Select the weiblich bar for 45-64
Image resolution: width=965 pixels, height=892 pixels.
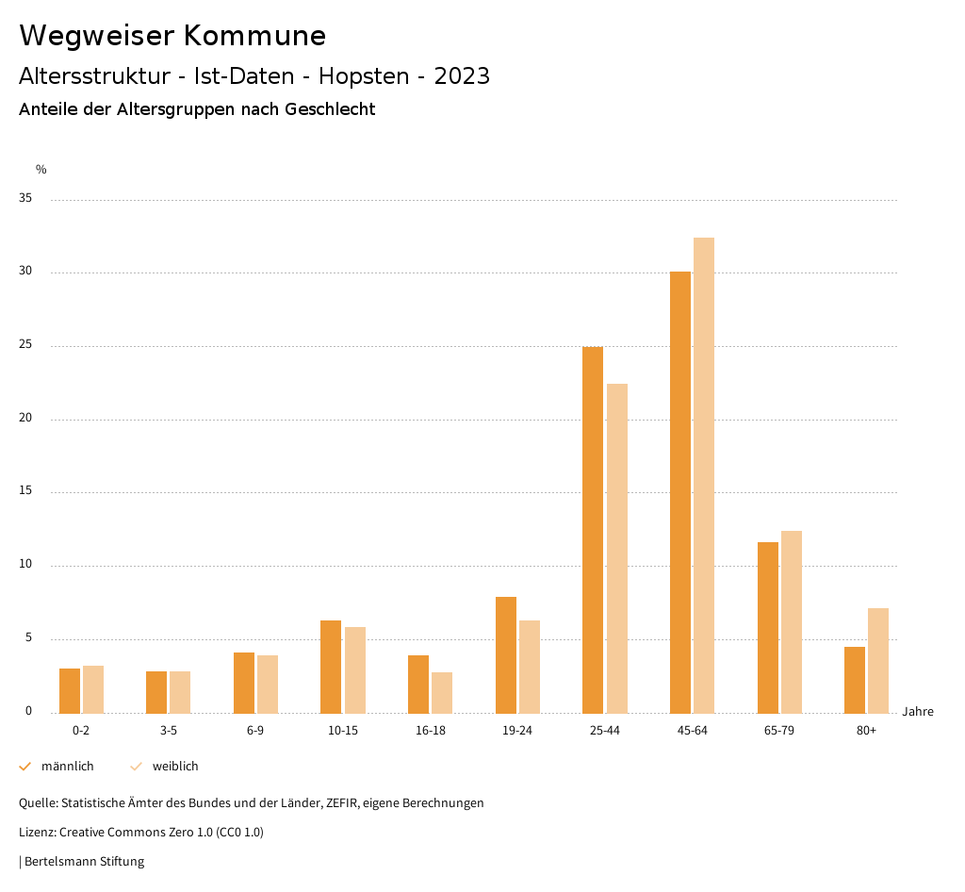[x=704, y=475]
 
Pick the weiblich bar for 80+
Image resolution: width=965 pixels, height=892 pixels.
[x=878, y=661]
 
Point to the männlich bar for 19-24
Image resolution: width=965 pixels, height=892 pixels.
[x=506, y=655]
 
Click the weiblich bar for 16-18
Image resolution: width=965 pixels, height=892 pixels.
[x=442, y=693]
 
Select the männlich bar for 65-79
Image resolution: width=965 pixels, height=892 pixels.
[x=768, y=628]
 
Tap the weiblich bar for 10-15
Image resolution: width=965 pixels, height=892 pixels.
[x=355, y=670]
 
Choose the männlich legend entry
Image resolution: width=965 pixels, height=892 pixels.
[x=67, y=767]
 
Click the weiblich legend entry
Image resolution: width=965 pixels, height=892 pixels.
[x=175, y=767]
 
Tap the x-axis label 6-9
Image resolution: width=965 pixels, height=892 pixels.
[x=255, y=731]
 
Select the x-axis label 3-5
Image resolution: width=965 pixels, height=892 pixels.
[x=169, y=731]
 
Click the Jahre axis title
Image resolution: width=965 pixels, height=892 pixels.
[x=918, y=712]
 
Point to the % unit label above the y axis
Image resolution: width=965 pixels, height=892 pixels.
[x=41, y=170]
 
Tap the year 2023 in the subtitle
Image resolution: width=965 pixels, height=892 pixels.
[x=462, y=76]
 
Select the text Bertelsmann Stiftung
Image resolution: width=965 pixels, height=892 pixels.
[x=84, y=862]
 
